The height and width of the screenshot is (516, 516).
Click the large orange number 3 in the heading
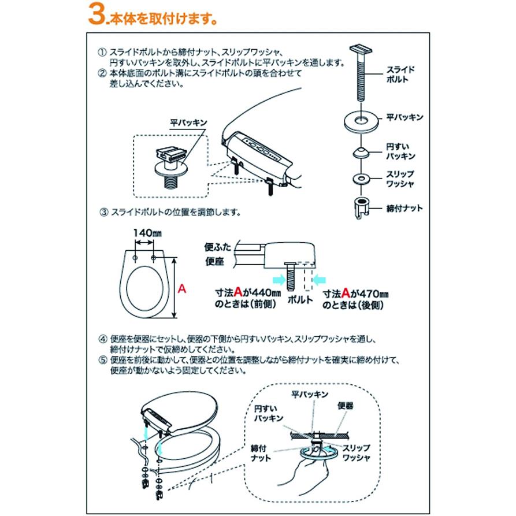pyautogui.click(x=96, y=15)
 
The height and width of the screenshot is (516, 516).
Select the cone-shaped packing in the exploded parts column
pyautogui.click(x=361, y=153)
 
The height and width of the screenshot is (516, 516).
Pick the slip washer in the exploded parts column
pyautogui.click(x=361, y=179)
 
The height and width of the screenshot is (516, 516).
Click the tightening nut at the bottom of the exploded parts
pyautogui.click(x=362, y=207)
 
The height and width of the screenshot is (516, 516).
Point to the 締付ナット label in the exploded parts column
pyautogui.click(x=404, y=209)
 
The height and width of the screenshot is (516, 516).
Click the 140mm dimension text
pyautogui.click(x=147, y=233)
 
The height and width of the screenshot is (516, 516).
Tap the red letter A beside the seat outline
pyautogui.click(x=182, y=289)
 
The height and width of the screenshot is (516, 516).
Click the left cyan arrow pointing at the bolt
pyautogui.click(x=280, y=280)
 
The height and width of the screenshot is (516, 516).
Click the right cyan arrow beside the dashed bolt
pyautogui.click(x=319, y=280)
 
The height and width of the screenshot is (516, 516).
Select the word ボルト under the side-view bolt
pyautogui.click(x=300, y=300)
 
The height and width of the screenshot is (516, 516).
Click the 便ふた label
pyautogui.click(x=218, y=247)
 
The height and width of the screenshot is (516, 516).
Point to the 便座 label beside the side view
pyautogui.click(x=214, y=262)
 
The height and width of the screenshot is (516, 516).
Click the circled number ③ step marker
pyautogui.click(x=104, y=212)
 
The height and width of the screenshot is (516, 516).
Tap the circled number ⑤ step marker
pyautogui.click(x=103, y=361)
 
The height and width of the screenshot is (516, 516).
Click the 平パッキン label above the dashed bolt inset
pyautogui.click(x=188, y=123)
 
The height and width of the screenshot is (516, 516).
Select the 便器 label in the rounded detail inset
pyautogui.click(x=345, y=406)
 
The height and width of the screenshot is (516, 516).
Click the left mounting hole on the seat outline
pyautogui.click(x=135, y=257)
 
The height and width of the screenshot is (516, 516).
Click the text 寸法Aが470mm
pyautogui.click(x=356, y=293)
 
